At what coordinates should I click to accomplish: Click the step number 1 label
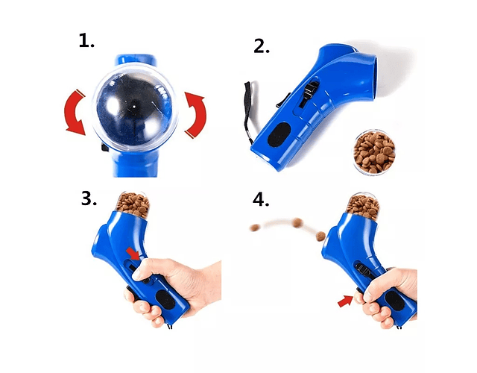tap(86, 40)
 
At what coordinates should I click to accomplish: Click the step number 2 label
tap(262, 46)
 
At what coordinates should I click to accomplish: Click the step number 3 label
tap(89, 198)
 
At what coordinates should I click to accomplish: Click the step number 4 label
tap(261, 200)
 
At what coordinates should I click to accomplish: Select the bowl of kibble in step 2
tap(374, 152)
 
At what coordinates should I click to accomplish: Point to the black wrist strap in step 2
tap(247, 113)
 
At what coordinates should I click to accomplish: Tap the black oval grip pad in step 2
tap(279, 134)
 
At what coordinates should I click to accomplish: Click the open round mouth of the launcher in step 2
tap(376, 78)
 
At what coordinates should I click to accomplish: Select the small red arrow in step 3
tap(133, 254)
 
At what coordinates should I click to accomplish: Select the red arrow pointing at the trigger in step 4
tap(345, 301)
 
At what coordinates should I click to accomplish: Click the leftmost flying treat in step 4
tap(255, 228)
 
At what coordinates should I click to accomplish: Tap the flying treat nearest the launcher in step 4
tap(320, 236)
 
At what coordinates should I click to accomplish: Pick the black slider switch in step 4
tap(363, 270)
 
